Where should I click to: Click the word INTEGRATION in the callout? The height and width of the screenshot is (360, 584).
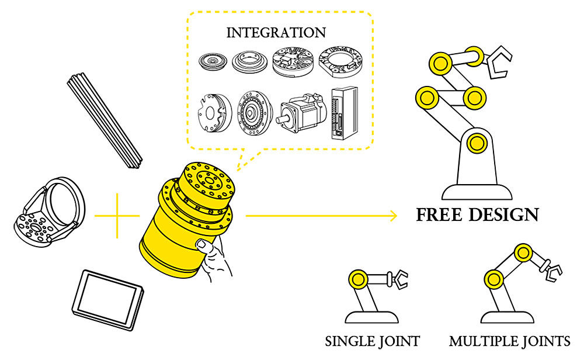(276, 32)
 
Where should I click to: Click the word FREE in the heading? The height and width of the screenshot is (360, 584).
(441, 214)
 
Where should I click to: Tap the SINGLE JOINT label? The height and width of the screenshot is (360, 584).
(373, 341)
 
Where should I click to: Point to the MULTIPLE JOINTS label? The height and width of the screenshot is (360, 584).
(510, 341)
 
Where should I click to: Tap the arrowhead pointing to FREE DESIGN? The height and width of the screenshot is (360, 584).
(392, 216)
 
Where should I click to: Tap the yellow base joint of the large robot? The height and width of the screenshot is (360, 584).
(476, 141)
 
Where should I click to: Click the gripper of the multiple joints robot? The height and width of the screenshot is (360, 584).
(552, 271)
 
